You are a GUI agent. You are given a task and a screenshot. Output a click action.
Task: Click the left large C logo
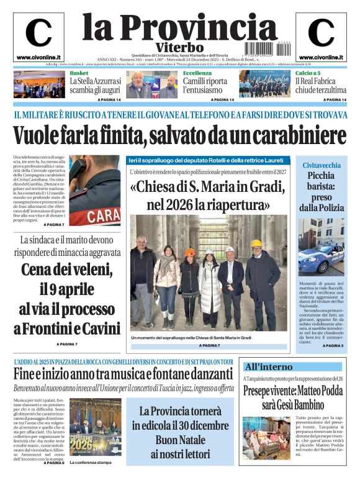click(38, 34)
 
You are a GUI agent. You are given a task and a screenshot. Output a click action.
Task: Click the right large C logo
click(321, 34)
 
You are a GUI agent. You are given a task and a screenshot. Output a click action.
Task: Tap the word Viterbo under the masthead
click(180, 48)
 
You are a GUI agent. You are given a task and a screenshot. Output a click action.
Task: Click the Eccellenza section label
click(197, 73)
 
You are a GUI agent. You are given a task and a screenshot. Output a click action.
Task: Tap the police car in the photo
click(320, 258)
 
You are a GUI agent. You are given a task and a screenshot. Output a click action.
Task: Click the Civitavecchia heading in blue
click(321, 165)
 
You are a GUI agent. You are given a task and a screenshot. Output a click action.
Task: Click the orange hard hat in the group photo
click(189, 253)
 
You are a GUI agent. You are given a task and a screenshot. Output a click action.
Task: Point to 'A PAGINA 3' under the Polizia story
click(333, 345)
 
